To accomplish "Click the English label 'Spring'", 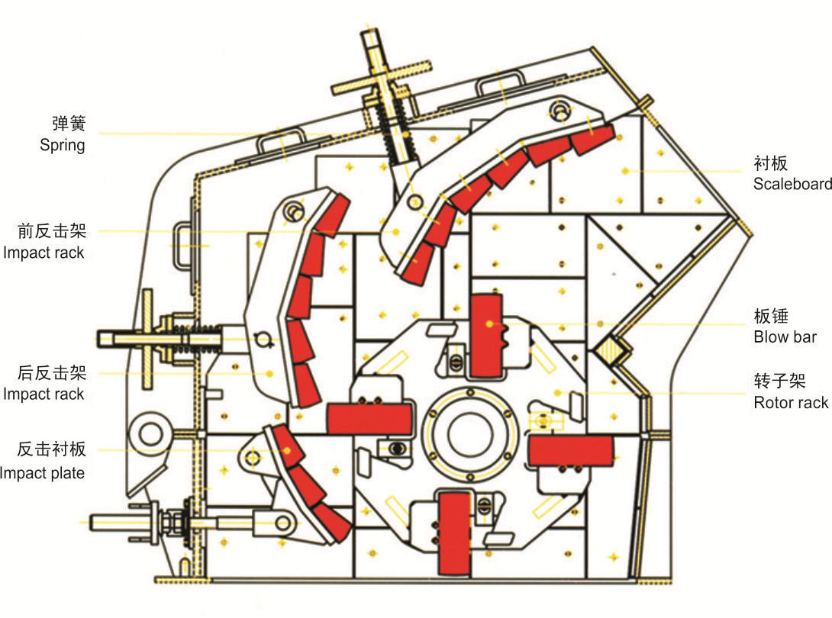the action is (62, 145).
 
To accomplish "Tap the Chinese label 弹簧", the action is (69, 123).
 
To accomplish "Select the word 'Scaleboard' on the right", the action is (792, 184).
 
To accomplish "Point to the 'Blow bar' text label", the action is (785, 337).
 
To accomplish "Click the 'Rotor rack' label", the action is (791, 403).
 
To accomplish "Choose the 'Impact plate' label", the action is (42, 472).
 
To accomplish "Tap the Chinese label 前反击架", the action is (51, 230).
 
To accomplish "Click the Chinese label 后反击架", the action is (51, 372).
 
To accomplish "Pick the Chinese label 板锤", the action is (771, 316).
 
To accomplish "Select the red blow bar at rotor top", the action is (486, 336).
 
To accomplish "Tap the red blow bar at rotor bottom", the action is (455, 533).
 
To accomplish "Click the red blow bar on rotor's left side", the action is (369, 419).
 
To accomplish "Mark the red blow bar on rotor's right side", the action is (571, 451).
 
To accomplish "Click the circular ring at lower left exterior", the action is (150, 433).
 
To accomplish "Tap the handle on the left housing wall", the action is (180, 246).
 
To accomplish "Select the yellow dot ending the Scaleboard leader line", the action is (626, 171).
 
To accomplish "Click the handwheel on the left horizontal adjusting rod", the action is (148, 340).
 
